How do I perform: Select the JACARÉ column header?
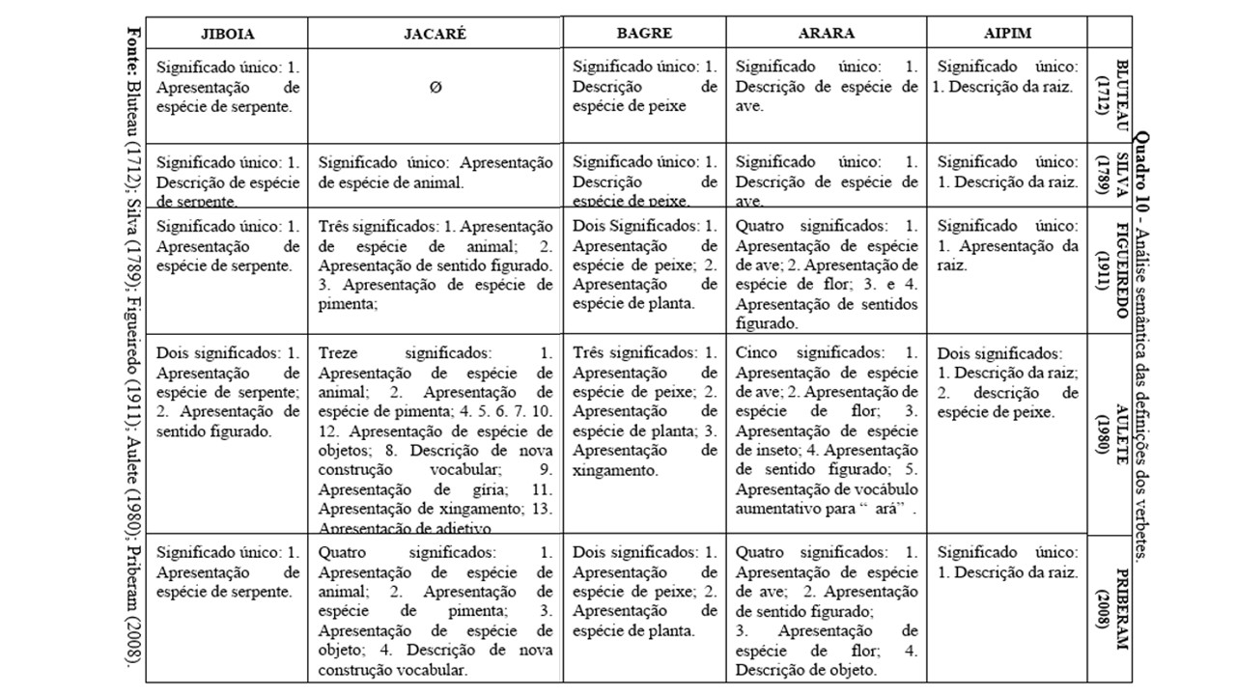[x=435, y=33]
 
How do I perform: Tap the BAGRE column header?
[x=644, y=32]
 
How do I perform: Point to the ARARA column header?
[x=826, y=33]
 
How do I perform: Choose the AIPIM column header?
[x=1006, y=33]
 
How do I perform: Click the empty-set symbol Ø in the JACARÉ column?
[x=435, y=87]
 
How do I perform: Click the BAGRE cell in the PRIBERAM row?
[x=644, y=593]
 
